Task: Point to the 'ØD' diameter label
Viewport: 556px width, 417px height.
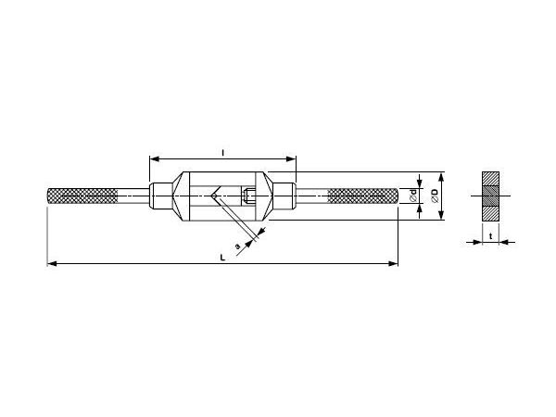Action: [436, 195]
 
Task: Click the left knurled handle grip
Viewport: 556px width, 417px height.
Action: [82, 196]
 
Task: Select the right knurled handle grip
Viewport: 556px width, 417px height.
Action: [363, 196]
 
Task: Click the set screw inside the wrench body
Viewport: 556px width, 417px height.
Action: [251, 196]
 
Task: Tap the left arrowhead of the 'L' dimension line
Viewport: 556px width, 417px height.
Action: [51, 264]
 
